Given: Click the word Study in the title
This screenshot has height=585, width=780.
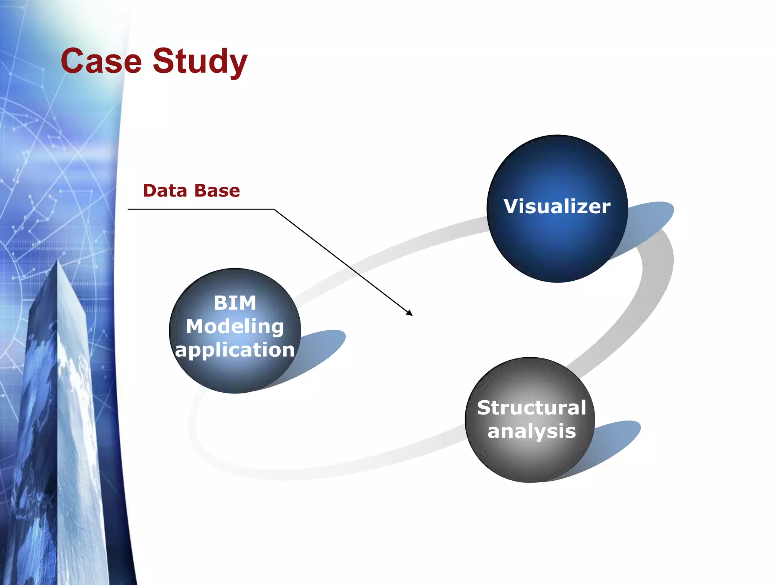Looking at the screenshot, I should pos(200,62).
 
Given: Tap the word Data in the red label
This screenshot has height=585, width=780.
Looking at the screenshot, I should pos(165,190).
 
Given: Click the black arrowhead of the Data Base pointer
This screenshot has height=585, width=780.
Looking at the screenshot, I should pos(410,313).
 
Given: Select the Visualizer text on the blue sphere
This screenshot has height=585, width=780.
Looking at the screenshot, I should pos(557,206).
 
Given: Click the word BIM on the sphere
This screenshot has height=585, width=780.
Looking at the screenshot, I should pos(235,303).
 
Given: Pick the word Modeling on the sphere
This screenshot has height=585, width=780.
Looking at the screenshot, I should pos(235,327).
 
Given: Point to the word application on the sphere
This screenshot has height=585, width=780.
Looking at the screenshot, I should pos(235,350).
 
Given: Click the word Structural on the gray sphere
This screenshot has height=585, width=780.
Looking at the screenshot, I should pos(531,408).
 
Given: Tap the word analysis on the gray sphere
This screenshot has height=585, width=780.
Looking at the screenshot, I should pos(531,432).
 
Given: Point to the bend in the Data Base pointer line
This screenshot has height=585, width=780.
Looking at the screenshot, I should pos(274,209).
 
